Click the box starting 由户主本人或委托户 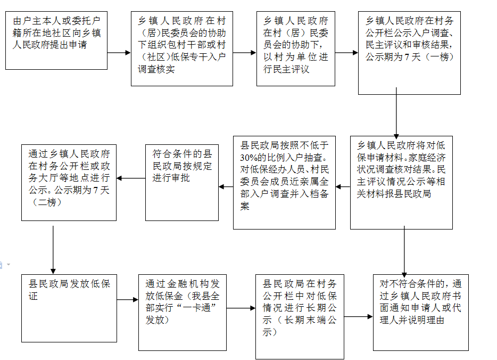[x=56, y=40]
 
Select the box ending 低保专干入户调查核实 [x=182, y=48]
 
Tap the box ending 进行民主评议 [x=296, y=48]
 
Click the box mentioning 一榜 [x=409, y=53]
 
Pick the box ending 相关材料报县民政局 [x=401, y=182]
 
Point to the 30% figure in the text [x=250, y=158]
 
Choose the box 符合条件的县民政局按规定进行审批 [x=182, y=182]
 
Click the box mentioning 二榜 [x=69, y=182]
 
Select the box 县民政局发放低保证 [x=69, y=308]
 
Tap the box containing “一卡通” [x=183, y=313]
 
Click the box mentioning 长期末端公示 [x=300, y=316]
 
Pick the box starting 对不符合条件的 [x=420, y=313]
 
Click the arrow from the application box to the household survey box [x=119, y=53]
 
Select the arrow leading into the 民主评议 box [x=245, y=53]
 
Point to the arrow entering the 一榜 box [x=346, y=53]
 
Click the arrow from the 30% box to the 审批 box [x=226, y=186]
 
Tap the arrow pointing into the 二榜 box [x=131, y=178]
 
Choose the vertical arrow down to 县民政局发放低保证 [x=53, y=250]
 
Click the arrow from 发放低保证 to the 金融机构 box [x=128, y=299]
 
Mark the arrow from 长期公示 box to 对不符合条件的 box [x=359, y=316]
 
